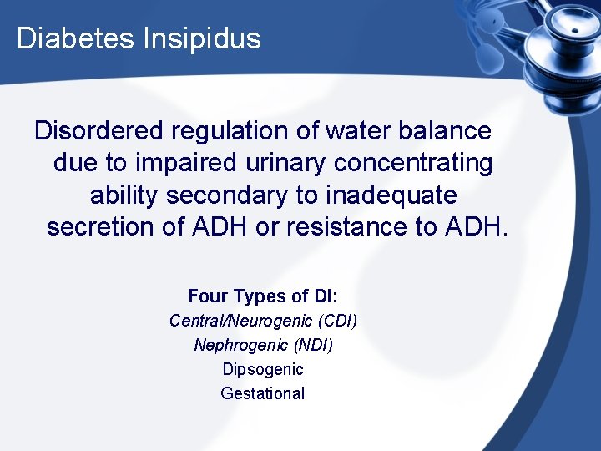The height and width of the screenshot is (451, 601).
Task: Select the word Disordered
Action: [x=99, y=131]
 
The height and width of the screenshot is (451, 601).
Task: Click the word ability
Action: [x=125, y=195]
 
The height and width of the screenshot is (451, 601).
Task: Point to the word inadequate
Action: [x=391, y=195]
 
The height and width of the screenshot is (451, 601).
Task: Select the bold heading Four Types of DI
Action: [x=262, y=296]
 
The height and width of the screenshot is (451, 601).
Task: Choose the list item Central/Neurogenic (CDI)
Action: [x=263, y=321]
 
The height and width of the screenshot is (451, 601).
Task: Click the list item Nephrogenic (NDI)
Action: [x=263, y=345]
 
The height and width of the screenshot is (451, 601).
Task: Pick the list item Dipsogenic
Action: [x=263, y=369]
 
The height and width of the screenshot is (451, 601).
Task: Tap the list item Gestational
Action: [x=263, y=393]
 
